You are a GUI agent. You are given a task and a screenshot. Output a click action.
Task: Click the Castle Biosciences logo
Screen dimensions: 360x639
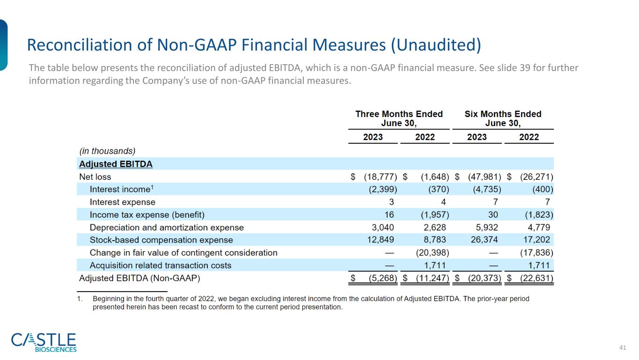[x=44, y=342]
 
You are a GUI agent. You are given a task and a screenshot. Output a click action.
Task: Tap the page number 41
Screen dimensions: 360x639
[x=622, y=347]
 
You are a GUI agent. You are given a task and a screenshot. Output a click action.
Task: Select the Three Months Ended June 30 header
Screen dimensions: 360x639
[x=399, y=118]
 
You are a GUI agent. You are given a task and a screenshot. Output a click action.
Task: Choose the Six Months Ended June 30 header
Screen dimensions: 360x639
[x=503, y=118]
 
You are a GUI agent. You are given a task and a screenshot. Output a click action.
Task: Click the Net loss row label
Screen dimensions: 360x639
[x=95, y=177]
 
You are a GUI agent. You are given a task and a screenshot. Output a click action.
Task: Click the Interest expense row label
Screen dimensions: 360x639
[x=122, y=202]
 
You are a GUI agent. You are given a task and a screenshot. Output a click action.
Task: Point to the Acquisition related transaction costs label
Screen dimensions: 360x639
[x=161, y=265]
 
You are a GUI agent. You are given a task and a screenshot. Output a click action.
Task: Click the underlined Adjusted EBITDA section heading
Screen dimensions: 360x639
[x=116, y=164]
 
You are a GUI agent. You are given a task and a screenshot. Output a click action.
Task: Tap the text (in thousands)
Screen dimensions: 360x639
[x=107, y=151]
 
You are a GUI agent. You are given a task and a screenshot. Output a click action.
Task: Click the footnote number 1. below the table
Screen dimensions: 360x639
[x=80, y=299]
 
